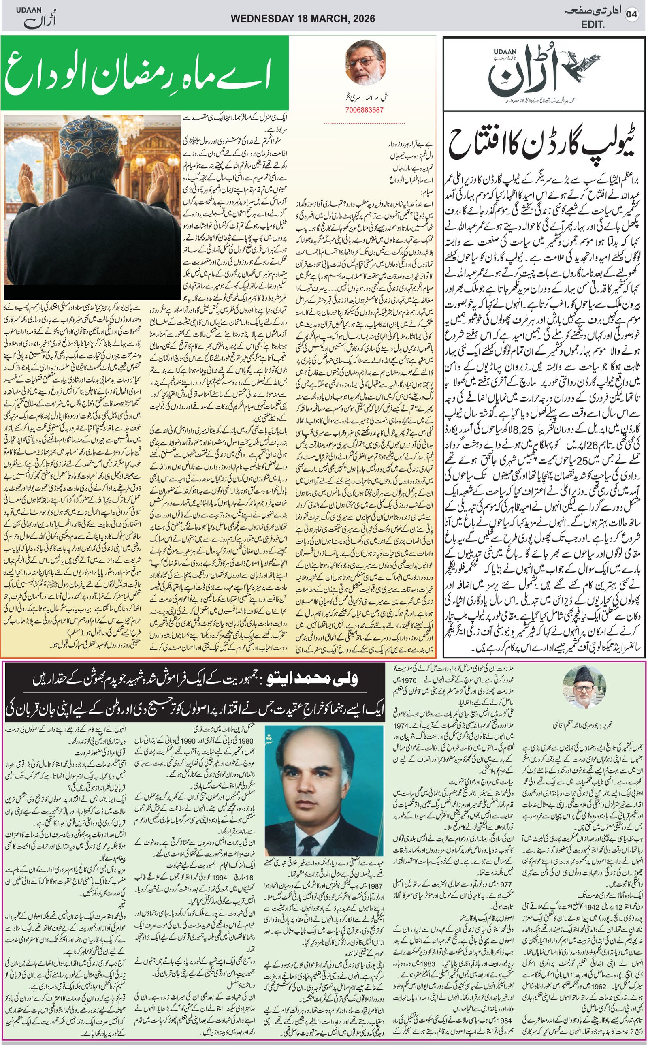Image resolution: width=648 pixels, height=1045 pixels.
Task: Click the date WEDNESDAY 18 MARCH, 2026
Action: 303,19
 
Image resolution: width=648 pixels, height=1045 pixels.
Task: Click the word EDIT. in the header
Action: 592,25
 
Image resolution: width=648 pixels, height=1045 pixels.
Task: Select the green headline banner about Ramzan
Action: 145,73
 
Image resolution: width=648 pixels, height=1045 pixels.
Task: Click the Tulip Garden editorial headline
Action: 544,144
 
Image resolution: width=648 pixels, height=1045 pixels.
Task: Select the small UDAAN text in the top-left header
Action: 27,10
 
